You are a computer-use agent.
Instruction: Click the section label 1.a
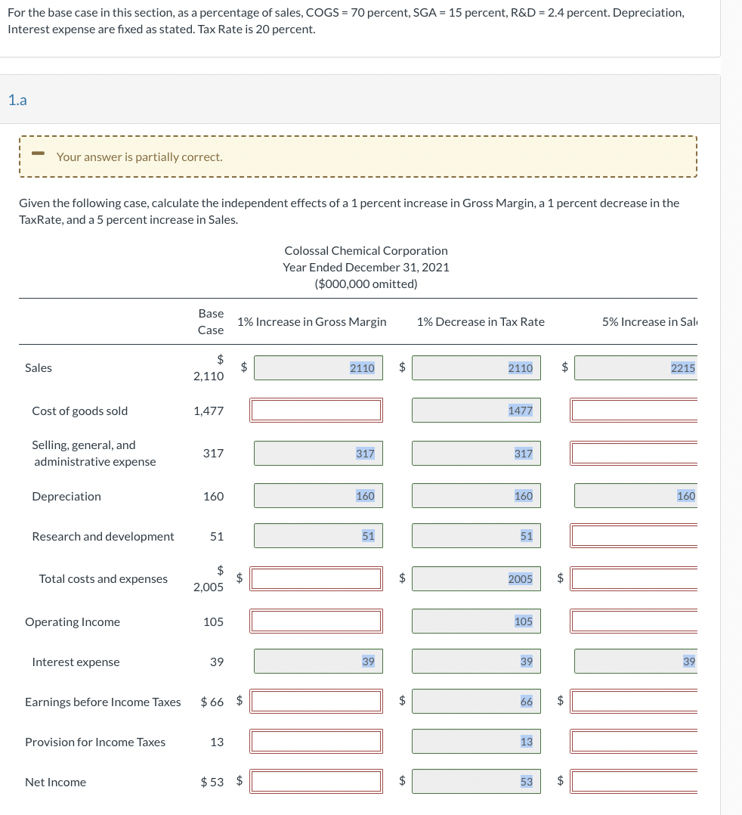[x=17, y=100]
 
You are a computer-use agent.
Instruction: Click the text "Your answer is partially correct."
[x=139, y=157]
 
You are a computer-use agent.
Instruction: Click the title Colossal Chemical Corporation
[x=366, y=250]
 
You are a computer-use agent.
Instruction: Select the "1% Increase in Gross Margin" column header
[x=311, y=322]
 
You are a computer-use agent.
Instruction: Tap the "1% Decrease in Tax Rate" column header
[x=480, y=322]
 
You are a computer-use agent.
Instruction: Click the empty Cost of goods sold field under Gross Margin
[x=317, y=411]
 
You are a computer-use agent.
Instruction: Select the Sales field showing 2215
[x=635, y=368]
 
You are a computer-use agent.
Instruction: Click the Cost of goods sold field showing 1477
[x=476, y=411]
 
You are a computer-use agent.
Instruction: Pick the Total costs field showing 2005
[x=476, y=579]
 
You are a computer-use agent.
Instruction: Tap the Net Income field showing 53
[x=476, y=782]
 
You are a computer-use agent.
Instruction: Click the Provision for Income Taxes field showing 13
[x=476, y=742]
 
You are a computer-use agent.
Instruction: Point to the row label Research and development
[x=103, y=537]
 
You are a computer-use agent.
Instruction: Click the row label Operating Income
[x=73, y=622]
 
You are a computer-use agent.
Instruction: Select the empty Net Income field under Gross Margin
[x=317, y=782]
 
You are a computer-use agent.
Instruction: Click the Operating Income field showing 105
[x=476, y=621]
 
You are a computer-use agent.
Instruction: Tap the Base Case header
[x=211, y=321]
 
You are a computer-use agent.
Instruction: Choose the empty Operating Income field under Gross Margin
[x=317, y=621]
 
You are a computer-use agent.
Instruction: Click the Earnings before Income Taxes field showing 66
[x=476, y=702]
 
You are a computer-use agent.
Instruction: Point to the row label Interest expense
[x=76, y=662]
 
